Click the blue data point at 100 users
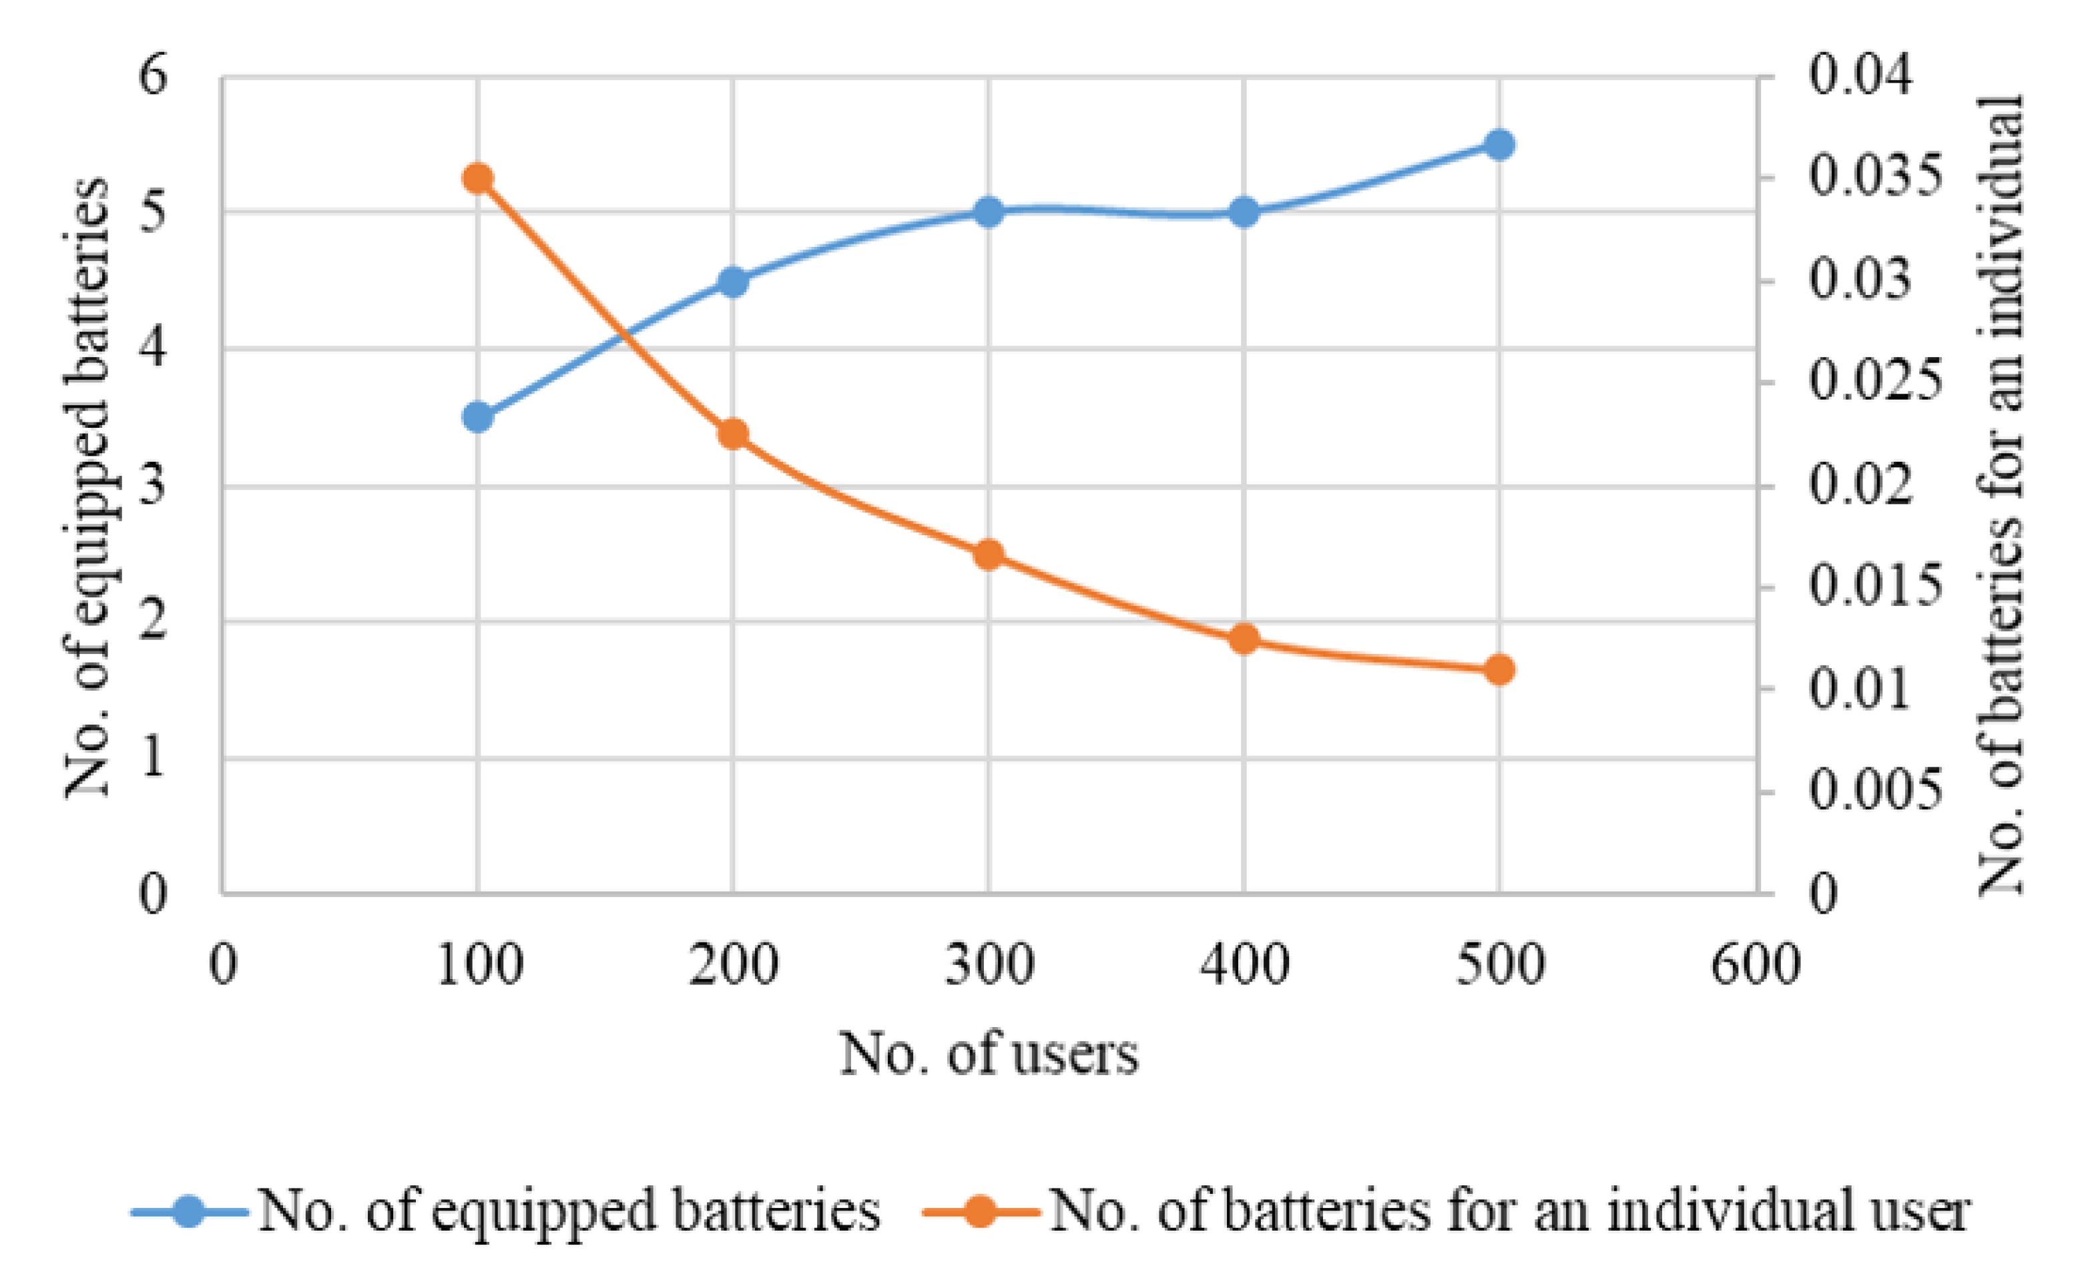click(478, 417)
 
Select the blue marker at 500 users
click(1499, 144)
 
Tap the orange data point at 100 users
click(478, 179)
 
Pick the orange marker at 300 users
click(989, 555)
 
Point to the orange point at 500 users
click(1499, 670)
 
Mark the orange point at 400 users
click(1244, 639)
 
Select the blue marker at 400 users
click(1244, 212)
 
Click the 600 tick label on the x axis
click(1755, 965)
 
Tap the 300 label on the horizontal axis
click(989, 965)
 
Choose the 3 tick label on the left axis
click(154, 485)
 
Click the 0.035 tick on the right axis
click(1874, 176)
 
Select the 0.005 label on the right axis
click(1874, 791)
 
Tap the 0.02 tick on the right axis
click(1861, 485)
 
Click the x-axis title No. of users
click(989, 1054)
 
